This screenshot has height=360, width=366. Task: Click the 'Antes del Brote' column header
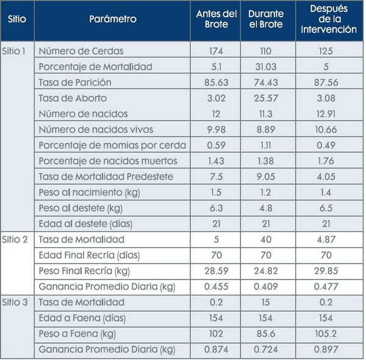[215, 20]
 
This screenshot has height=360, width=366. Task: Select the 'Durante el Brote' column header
[268, 20]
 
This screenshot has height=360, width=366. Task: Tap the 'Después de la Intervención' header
[329, 20]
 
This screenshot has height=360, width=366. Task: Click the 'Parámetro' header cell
[112, 20]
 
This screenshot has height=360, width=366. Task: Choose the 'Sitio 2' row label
[15, 239]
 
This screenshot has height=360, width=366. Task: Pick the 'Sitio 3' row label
[15, 302]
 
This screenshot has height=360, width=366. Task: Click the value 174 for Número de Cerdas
[215, 50]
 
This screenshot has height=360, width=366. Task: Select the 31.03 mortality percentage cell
[268, 66]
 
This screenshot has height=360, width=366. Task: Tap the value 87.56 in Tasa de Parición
[329, 82]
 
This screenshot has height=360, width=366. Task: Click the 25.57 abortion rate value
[268, 98]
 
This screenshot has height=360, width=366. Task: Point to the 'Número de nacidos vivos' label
[96, 129]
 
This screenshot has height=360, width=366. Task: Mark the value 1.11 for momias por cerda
[268, 145]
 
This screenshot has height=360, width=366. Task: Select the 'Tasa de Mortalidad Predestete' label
[106, 176]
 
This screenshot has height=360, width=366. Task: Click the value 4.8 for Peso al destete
[268, 207]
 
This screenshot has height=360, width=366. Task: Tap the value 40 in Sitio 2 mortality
[268, 239]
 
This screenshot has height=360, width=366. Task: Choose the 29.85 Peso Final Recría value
[329, 271]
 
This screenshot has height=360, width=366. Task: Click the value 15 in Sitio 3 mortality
[268, 302]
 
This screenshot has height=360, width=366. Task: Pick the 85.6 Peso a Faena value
[268, 334]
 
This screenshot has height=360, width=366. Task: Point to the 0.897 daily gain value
[329, 350]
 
